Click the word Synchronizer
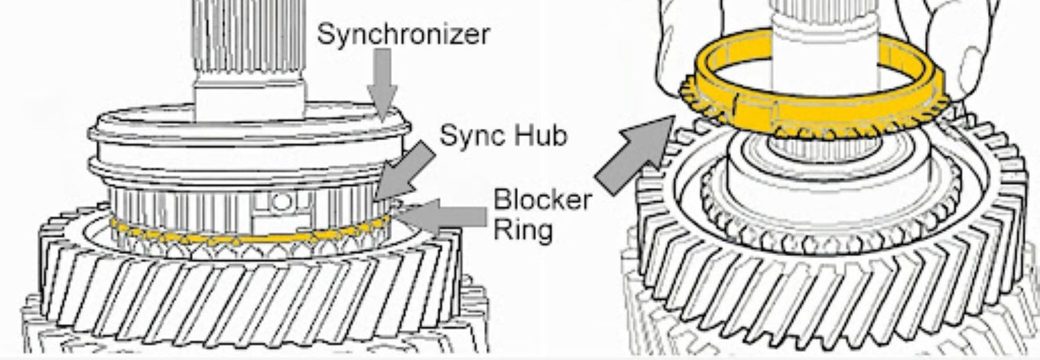[403, 34]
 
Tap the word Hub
[540, 135]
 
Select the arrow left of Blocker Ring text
[444, 217]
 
